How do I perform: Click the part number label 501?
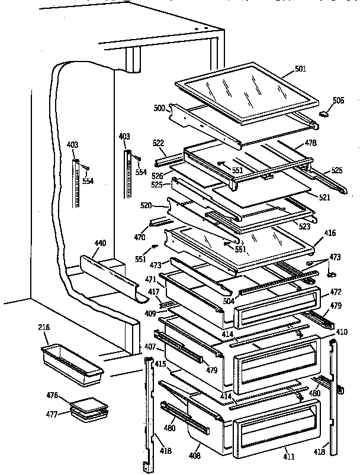point(300,69)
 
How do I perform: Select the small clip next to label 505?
point(323,112)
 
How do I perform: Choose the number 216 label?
point(44,327)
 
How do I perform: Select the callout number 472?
point(335,292)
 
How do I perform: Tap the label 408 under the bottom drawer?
point(195,456)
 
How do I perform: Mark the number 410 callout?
point(342,332)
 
